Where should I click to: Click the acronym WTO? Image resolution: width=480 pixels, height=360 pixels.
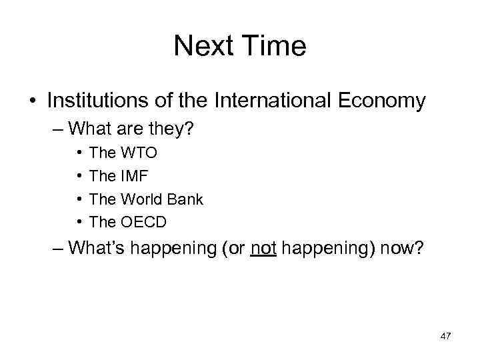point(139,153)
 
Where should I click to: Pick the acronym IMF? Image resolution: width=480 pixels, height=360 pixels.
point(135,176)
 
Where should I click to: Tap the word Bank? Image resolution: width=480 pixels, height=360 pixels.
point(185,199)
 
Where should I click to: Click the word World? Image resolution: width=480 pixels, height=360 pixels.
point(142,199)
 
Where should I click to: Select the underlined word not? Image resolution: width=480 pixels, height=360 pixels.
point(263,248)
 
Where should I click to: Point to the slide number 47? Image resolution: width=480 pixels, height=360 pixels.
point(445,337)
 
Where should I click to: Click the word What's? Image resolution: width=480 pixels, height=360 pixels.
point(99,248)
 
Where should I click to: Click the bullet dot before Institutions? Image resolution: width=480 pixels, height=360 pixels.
point(33,101)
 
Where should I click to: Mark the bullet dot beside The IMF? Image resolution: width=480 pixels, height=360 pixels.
point(78,177)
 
